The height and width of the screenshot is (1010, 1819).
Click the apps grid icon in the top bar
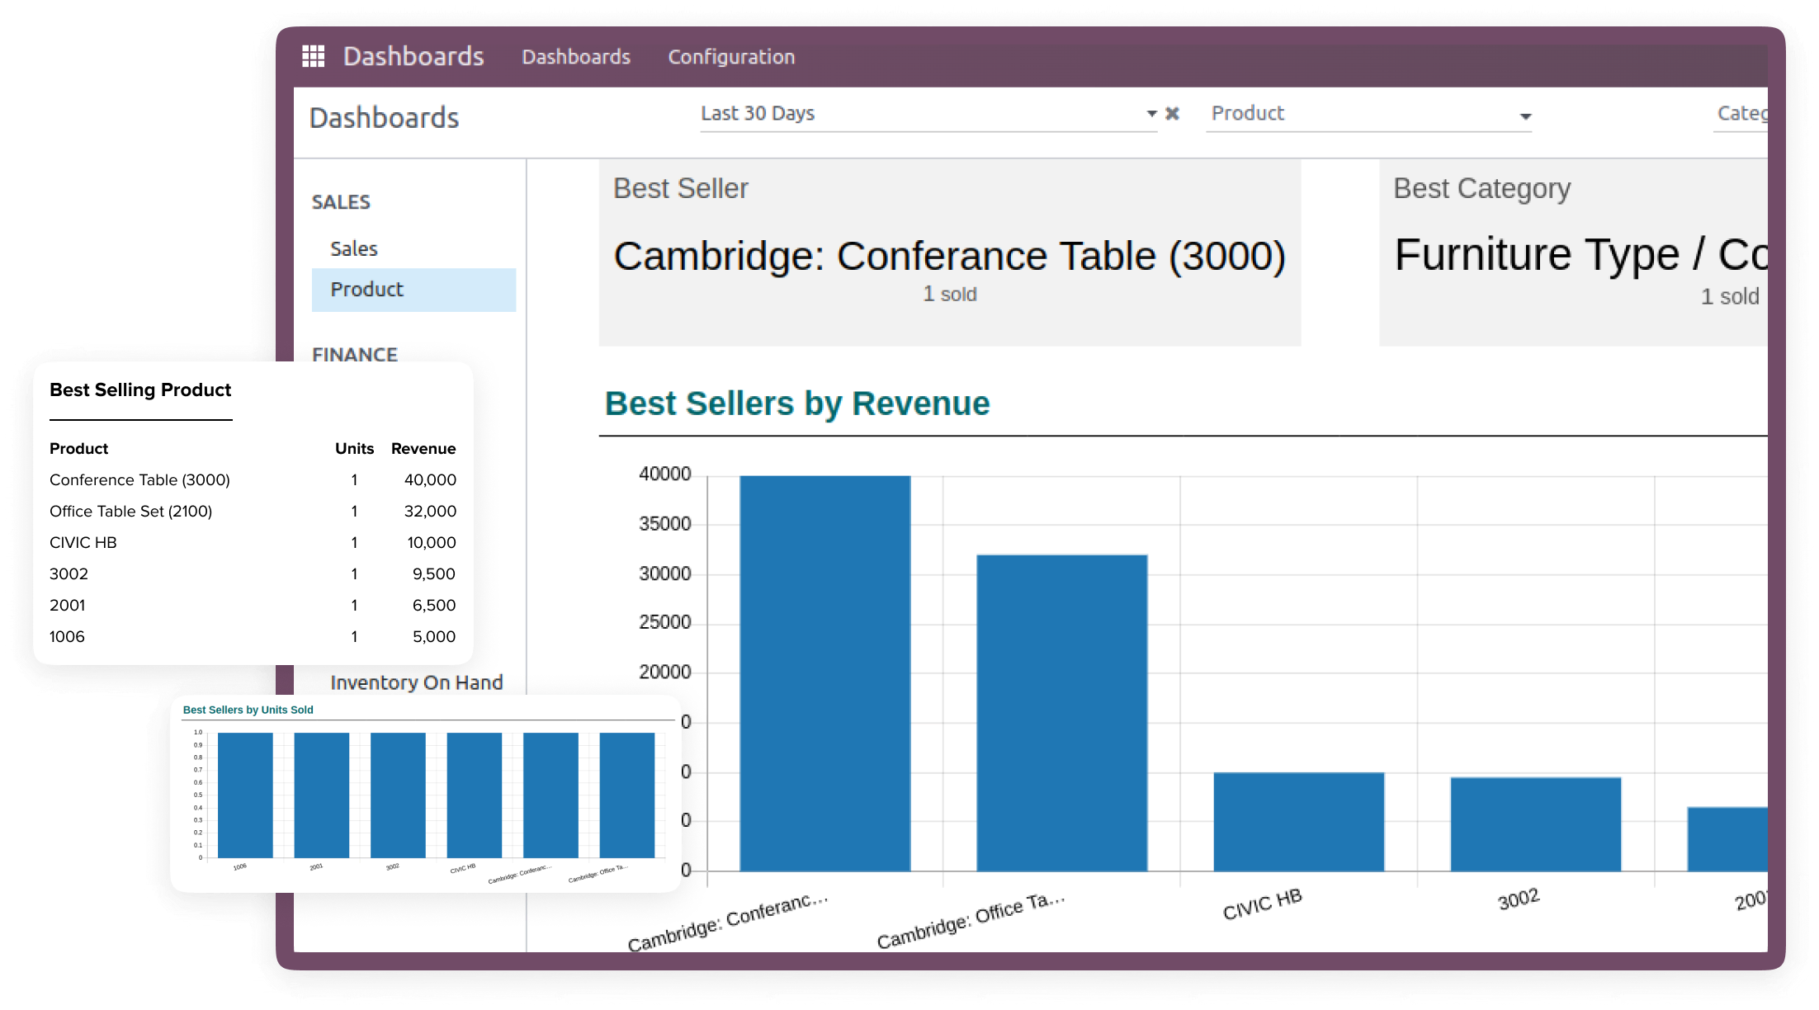[313, 56]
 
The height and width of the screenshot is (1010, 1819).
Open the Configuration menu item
[731, 57]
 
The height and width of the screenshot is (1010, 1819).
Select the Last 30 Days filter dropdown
[924, 114]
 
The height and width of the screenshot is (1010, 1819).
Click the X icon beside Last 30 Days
[1172, 114]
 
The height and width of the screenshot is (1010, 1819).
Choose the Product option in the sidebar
[367, 290]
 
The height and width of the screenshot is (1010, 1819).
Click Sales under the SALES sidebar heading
[354, 248]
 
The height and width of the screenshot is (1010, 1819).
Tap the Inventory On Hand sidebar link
[417, 682]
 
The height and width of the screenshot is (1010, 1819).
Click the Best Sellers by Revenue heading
[797, 404]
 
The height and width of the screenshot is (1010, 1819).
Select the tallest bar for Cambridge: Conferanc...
[824, 673]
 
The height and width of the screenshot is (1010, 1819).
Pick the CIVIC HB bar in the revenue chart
[1298, 821]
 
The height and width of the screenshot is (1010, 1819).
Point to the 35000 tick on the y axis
[664, 524]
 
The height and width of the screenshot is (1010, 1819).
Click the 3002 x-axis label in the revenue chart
[1519, 899]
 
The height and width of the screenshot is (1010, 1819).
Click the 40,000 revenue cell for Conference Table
[430, 479]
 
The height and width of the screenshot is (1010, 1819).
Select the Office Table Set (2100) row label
[131, 511]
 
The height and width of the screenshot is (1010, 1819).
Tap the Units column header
[354, 448]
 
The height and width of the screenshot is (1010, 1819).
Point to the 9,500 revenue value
[433, 573]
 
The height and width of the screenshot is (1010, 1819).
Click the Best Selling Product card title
[140, 389]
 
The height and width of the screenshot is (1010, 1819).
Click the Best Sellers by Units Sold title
[248, 710]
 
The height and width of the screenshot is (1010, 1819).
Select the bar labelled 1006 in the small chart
[245, 795]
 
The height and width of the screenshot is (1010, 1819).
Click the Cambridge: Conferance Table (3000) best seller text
[949, 256]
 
